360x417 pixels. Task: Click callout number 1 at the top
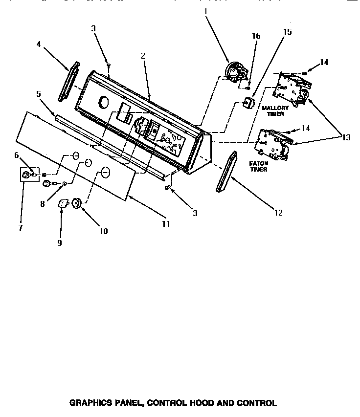206,10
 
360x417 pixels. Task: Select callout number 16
256,36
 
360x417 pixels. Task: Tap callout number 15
287,32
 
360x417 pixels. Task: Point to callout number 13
346,137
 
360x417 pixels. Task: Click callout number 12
279,212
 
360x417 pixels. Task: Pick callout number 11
166,224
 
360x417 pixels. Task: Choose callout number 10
104,231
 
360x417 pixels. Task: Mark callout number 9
60,242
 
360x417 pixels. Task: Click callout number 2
143,56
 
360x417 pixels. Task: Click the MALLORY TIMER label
275,110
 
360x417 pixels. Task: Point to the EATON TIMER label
259,166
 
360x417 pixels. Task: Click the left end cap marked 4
68,81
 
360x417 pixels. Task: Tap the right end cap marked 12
225,172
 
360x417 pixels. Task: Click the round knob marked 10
76,203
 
